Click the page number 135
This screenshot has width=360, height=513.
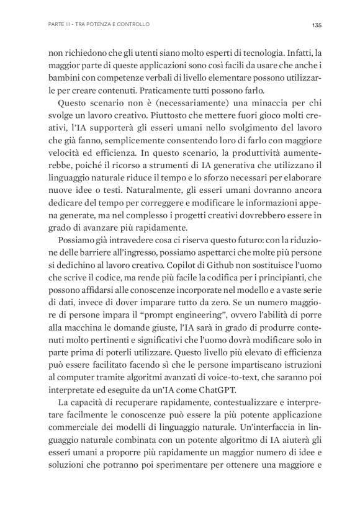(x=315, y=25)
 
